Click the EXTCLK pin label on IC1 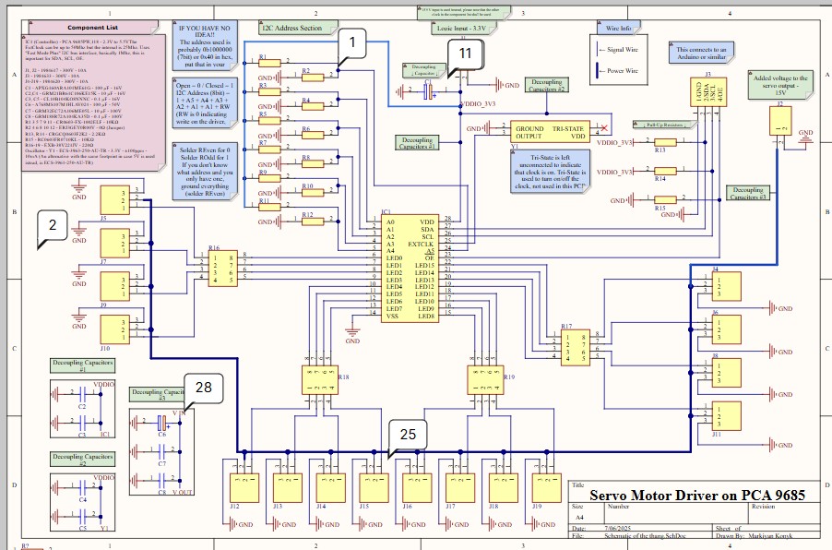click(422, 244)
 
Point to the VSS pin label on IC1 click(393, 317)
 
